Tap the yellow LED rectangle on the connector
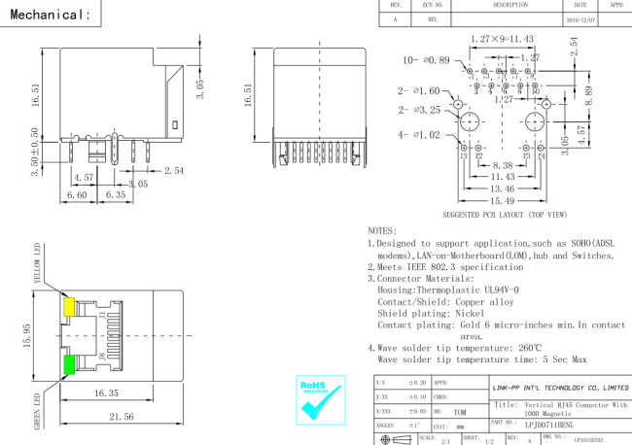70,306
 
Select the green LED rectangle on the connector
70,365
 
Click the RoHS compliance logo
320,399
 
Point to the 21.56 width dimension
122,416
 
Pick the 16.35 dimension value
106,393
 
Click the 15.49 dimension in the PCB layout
502,201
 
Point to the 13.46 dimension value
502,188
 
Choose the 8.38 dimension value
502,165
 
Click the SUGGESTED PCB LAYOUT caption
505,215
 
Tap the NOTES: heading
382,231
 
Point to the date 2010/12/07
579,18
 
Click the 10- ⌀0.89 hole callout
427,60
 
